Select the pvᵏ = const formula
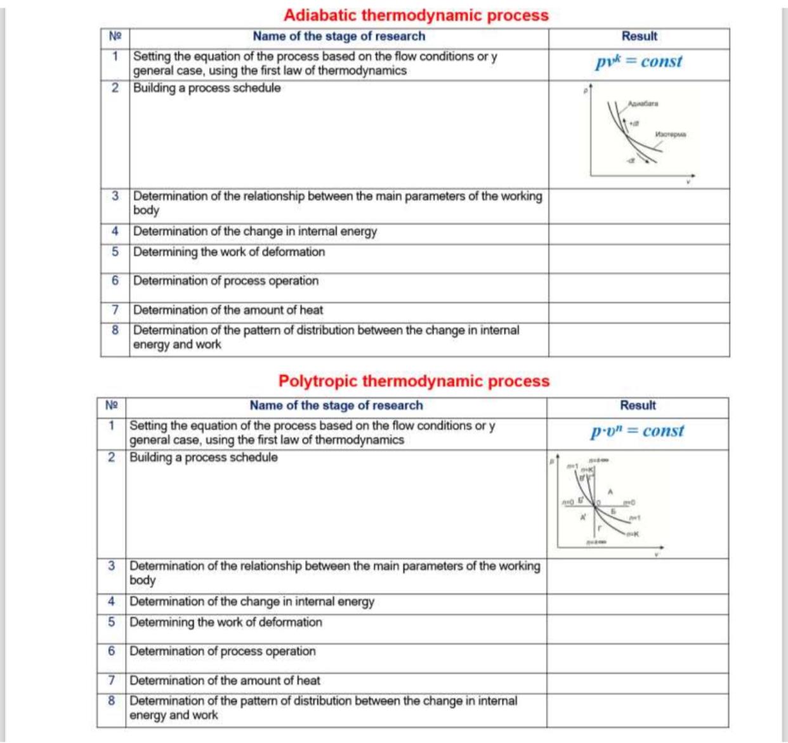tap(638, 62)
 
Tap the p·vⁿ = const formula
tap(637, 431)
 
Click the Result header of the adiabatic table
tap(639, 37)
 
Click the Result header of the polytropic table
tap(638, 405)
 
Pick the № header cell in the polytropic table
tap(112, 405)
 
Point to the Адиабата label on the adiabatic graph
tap(643, 103)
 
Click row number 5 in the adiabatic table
tap(115, 252)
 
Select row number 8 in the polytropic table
tap(112, 701)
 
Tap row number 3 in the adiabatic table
tap(115, 196)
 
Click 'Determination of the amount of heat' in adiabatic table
tap(228, 310)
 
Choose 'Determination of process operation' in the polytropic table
tap(222, 652)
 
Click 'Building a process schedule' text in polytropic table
tap(204, 457)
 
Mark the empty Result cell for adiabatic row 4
tap(639, 232)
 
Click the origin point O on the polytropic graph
tap(596, 504)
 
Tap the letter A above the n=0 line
tap(610, 492)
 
